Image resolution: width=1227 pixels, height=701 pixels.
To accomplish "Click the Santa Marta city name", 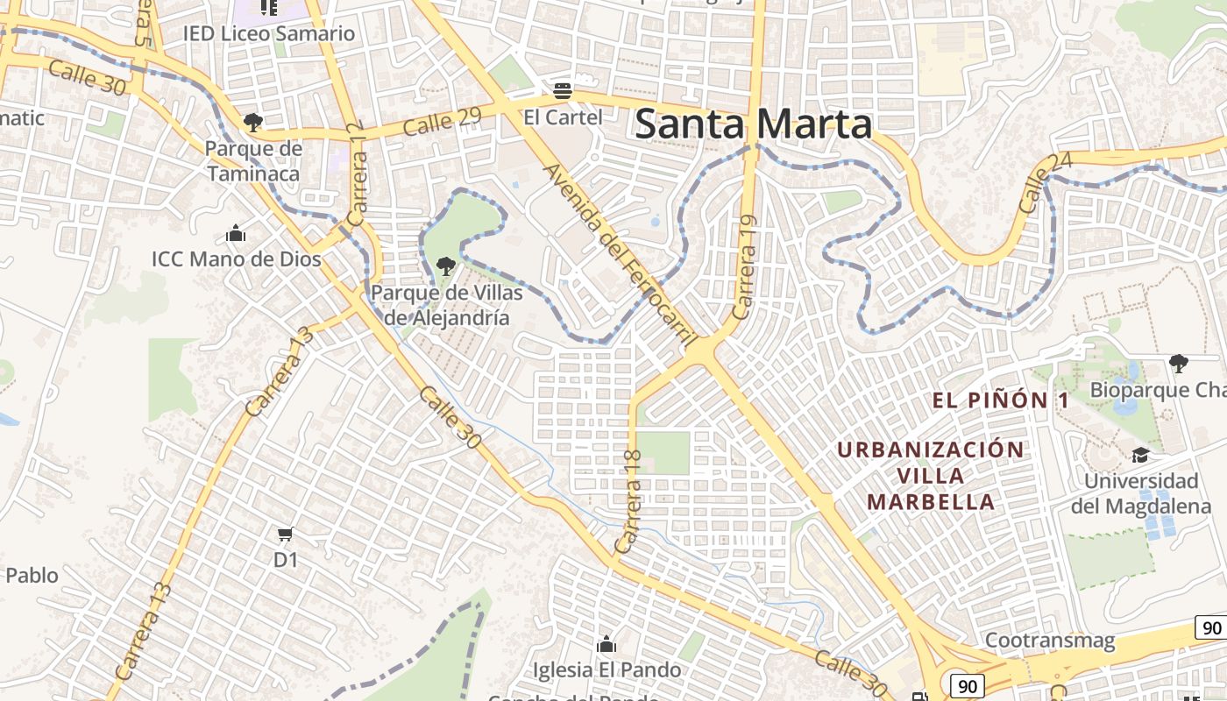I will (x=754, y=124).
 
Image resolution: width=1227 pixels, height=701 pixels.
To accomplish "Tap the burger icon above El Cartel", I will (x=563, y=89).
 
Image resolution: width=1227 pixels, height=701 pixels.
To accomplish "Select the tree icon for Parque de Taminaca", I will (x=253, y=122).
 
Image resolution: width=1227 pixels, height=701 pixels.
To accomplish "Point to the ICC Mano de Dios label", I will (x=237, y=259).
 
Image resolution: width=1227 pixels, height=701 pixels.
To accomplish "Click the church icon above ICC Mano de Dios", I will (x=236, y=234).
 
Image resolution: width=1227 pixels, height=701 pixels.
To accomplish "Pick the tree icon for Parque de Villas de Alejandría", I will (x=446, y=266).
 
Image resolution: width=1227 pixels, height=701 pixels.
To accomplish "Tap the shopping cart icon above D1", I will (x=285, y=534).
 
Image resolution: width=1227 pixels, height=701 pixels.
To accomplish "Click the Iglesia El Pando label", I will (x=607, y=670).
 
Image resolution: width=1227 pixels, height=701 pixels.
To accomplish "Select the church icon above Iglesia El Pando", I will (x=606, y=645).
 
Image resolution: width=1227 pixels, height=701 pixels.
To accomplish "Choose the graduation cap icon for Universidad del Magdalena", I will (x=1140, y=455).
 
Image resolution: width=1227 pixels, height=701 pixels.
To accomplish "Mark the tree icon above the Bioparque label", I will (x=1179, y=363).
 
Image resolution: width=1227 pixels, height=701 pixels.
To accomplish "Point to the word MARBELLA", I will (x=931, y=502).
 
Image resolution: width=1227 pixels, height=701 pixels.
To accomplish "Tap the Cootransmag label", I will (x=1050, y=641).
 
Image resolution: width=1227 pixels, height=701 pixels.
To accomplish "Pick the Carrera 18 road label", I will (x=629, y=501).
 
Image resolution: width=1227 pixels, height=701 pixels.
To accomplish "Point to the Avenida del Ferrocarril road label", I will (x=620, y=253).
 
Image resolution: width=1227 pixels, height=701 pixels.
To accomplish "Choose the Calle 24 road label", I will (x=1035, y=182).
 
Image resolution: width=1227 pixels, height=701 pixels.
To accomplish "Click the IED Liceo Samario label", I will (x=269, y=34).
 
